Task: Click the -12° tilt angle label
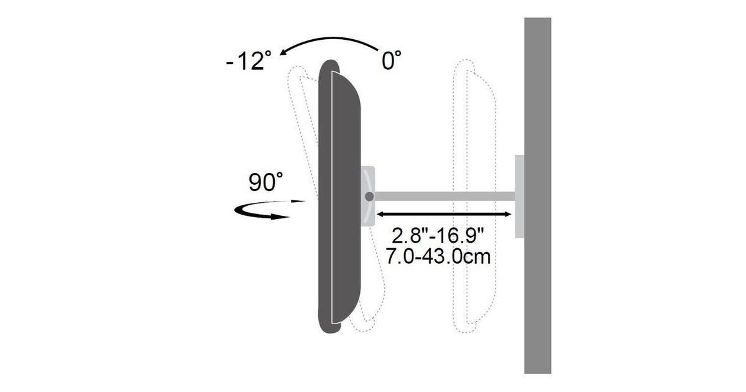click(x=249, y=60)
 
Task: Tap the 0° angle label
click(x=391, y=60)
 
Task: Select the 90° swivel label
click(x=265, y=182)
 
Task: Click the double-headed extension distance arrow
click(x=444, y=214)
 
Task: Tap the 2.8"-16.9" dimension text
click(x=437, y=236)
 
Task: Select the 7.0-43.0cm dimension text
click(x=438, y=256)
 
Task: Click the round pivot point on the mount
click(x=369, y=197)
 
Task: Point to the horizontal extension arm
click(x=444, y=197)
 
